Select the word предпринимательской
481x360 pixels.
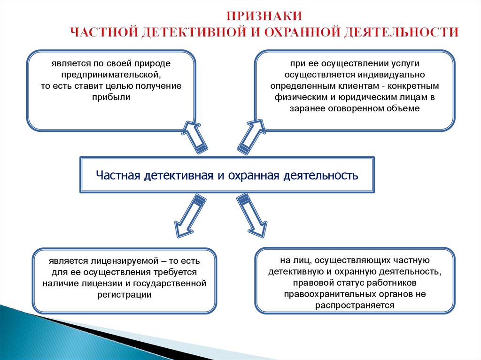pyautogui.click(x=110, y=75)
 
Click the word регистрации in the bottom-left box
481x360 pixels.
pyautogui.click(x=124, y=295)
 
